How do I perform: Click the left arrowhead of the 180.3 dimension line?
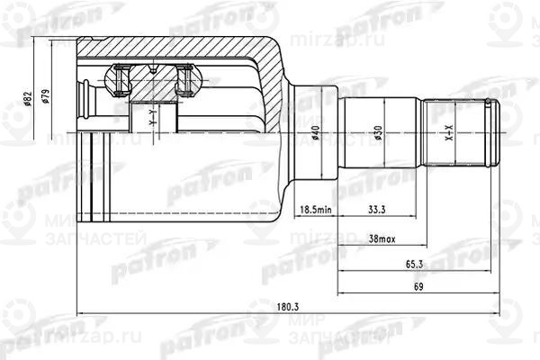[x=81, y=314]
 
